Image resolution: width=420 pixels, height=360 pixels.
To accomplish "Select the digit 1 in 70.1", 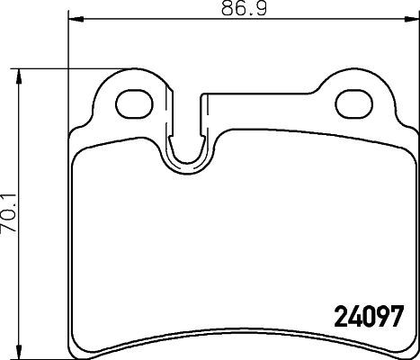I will tap(10, 193).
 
